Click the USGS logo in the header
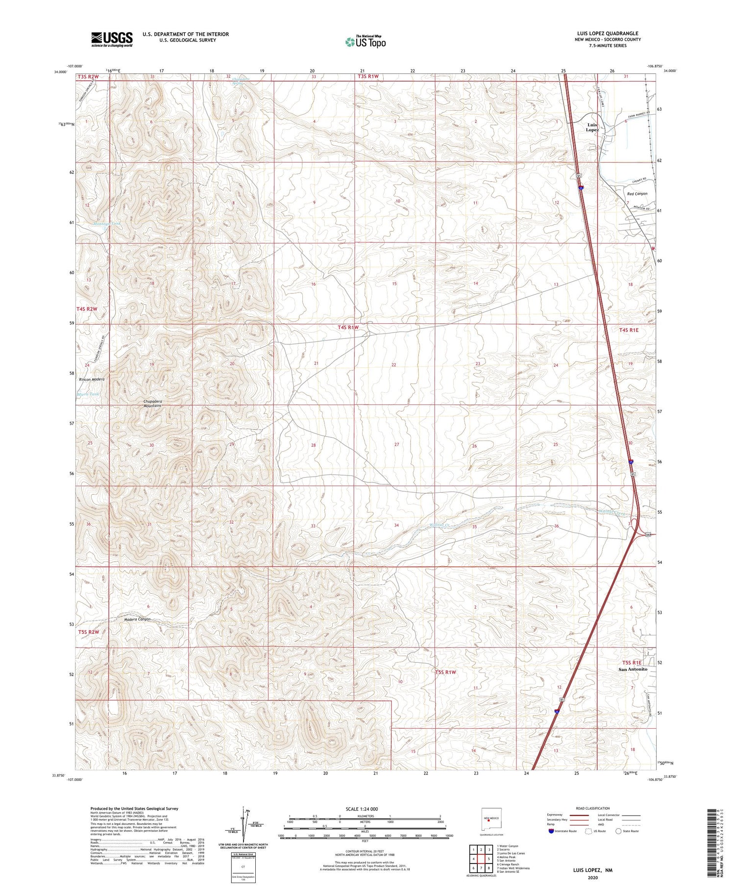click(112, 39)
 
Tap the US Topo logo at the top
click(366, 42)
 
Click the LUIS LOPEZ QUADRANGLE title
click(609, 34)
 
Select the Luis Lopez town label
click(592, 127)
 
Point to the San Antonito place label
click(633, 669)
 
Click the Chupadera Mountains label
click(153, 404)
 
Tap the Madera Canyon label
click(137, 620)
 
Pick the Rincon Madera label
click(92, 380)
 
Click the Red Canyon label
click(637, 194)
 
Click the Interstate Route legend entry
click(564, 831)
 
